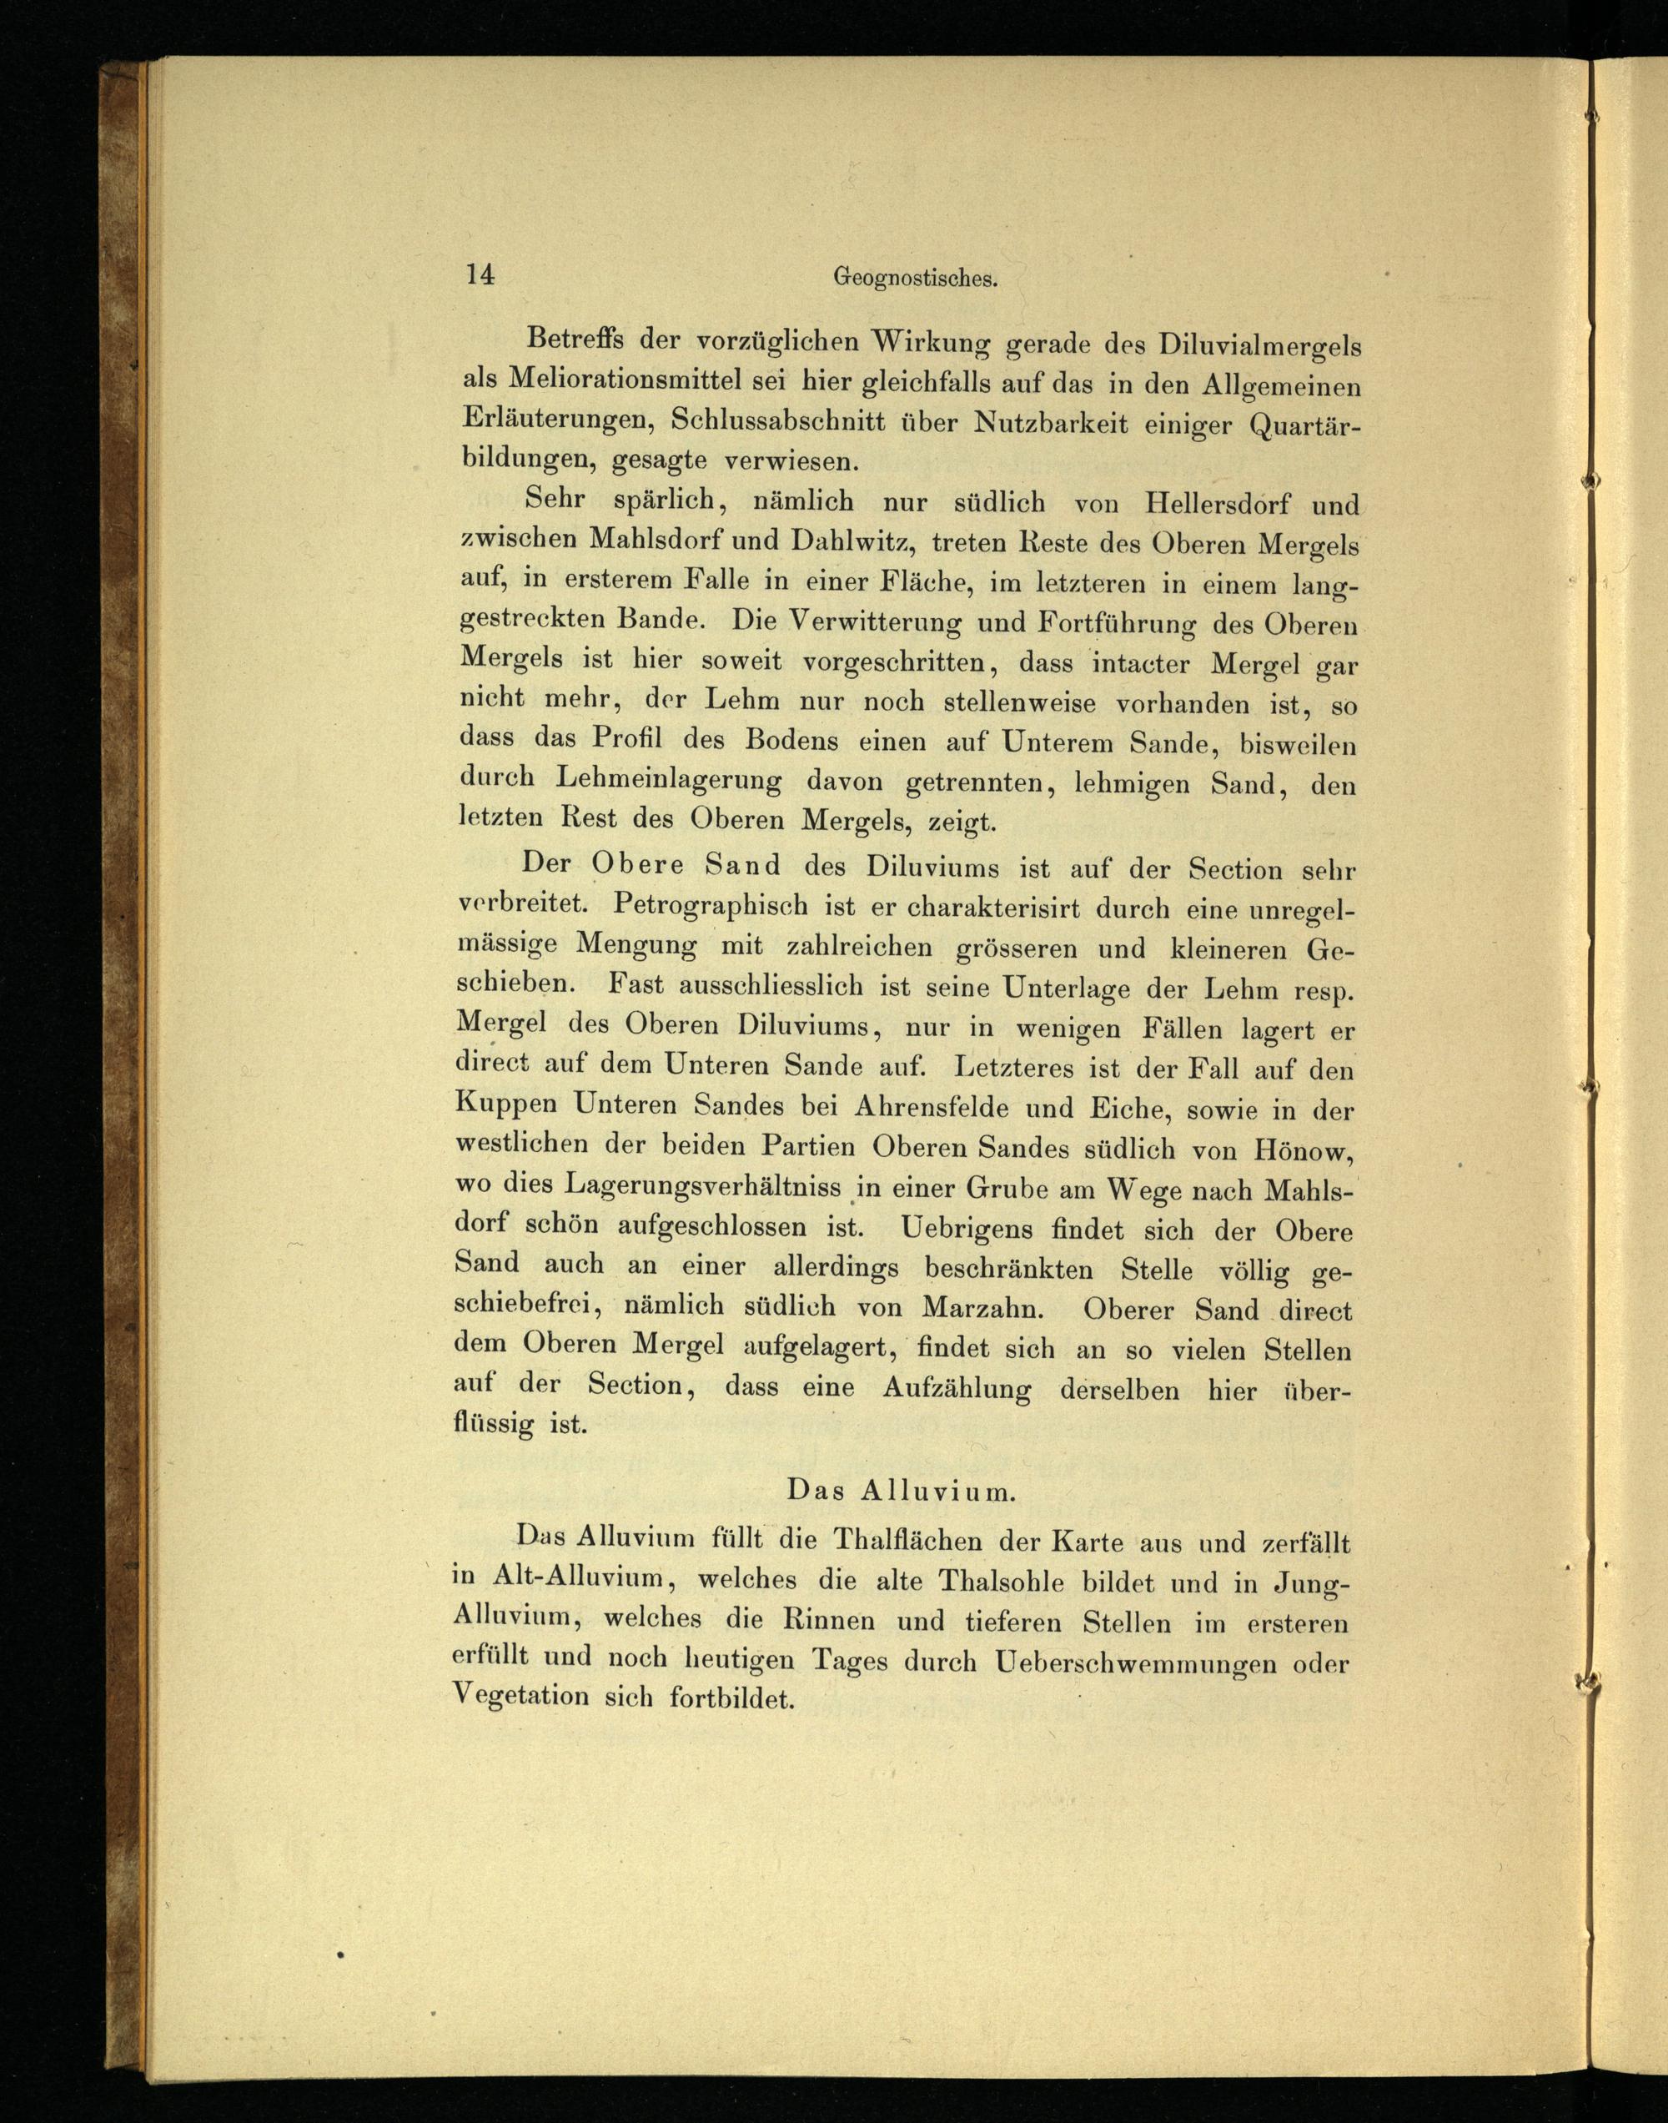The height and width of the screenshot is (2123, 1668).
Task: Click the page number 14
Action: (x=480, y=274)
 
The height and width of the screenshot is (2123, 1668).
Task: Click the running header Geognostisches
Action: (x=915, y=279)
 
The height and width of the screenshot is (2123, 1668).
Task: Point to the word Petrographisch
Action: (x=711, y=905)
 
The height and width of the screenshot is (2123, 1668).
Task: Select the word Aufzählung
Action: (x=957, y=1387)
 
